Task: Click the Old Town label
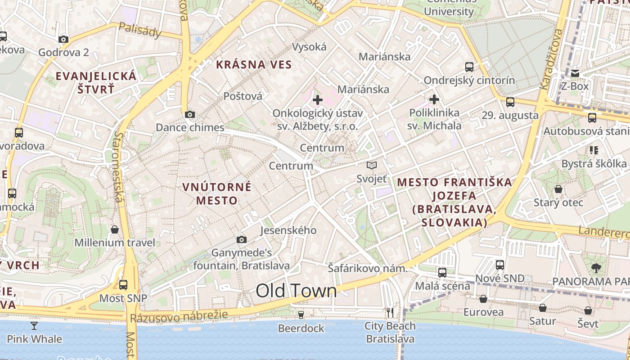(296, 291)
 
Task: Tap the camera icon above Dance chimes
(190, 114)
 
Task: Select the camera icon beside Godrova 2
(63, 39)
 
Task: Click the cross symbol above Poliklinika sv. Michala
(434, 99)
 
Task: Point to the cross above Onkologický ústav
(318, 100)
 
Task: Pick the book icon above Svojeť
(371, 166)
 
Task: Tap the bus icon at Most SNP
(123, 284)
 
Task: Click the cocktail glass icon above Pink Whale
(34, 325)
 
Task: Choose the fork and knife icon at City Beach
(390, 312)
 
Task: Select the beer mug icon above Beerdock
(301, 315)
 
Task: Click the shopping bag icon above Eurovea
(483, 299)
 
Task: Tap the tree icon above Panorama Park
(596, 268)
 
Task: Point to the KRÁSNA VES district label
(254, 64)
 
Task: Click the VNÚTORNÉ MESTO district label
(217, 193)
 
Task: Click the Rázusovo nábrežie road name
(179, 316)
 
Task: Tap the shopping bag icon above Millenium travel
(115, 229)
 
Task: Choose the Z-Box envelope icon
(575, 73)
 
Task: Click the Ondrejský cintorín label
(469, 80)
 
